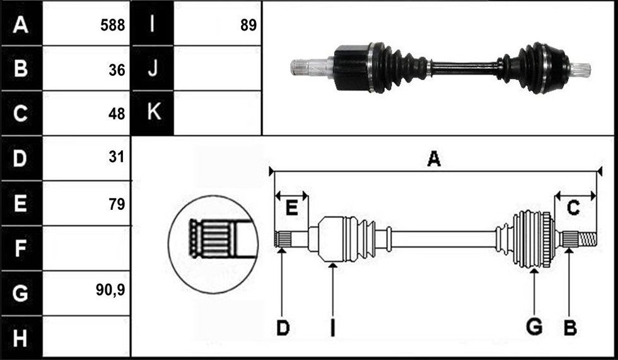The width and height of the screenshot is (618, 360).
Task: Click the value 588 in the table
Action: click(x=112, y=25)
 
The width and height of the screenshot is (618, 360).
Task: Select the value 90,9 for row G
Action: click(x=110, y=290)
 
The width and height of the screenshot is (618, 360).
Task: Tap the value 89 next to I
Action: click(x=248, y=25)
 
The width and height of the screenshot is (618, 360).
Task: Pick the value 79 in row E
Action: click(x=117, y=204)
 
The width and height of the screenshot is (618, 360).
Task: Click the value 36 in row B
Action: click(x=117, y=70)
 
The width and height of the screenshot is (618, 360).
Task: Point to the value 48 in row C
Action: click(x=117, y=114)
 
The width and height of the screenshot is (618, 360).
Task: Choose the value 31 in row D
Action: click(x=117, y=157)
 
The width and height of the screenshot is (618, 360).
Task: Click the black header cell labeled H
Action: click(x=21, y=338)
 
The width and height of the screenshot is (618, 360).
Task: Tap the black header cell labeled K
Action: click(x=153, y=113)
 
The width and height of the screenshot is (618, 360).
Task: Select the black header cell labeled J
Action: click(x=153, y=68)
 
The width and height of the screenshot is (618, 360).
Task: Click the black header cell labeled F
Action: click(x=21, y=248)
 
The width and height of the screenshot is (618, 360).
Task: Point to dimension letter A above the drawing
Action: click(x=434, y=159)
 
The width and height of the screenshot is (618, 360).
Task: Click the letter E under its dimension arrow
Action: click(x=291, y=208)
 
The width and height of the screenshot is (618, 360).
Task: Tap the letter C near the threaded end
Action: click(x=573, y=208)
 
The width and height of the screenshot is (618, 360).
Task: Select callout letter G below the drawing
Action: click(x=535, y=327)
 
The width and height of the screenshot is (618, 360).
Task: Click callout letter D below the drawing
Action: click(x=283, y=328)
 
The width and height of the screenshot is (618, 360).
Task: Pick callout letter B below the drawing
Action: click(x=570, y=328)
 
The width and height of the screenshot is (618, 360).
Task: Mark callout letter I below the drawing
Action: click(x=333, y=328)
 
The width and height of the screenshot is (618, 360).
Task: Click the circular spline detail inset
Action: click(x=213, y=244)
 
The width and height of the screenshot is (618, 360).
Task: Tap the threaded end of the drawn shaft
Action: click(x=587, y=239)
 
